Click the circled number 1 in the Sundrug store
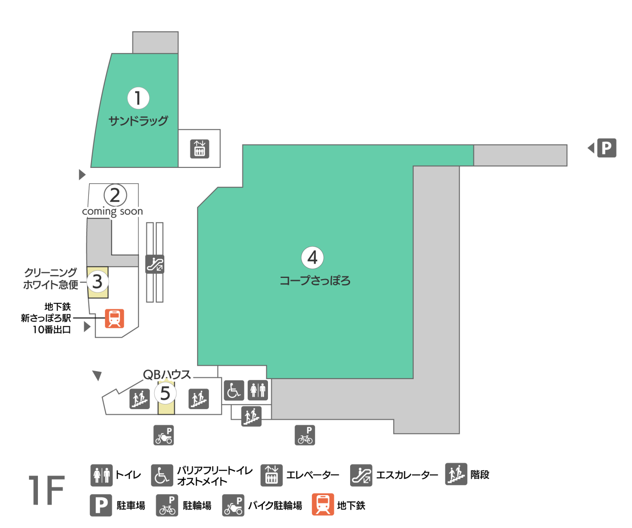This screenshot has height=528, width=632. coord(138,98)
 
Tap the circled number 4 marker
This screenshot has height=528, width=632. coord(312,258)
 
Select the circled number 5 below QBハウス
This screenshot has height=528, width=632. coord(165,393)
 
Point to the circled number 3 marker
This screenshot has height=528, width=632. coord(97,282)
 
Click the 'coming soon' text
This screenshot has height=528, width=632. coord(112,211)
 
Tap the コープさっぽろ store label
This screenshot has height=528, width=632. coord(315,281)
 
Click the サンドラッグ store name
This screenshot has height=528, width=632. coord(138,121)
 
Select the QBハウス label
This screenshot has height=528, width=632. coord(167,374)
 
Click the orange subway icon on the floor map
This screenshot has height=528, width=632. coord(115,318)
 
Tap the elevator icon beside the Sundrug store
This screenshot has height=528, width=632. coord(199,149)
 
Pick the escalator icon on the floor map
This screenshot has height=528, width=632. coord(155,264)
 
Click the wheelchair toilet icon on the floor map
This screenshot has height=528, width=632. coord(234,390)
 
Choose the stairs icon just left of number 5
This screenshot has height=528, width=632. coord(139,399)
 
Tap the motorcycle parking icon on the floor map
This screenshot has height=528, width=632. coord(163,435)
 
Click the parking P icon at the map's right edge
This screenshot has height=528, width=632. coord(607,148)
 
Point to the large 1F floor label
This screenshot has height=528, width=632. coord(47,490)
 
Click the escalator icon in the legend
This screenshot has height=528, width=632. coord(361,475)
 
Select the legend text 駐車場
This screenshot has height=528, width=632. coord(131,506)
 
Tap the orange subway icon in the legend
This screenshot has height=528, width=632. coord(323,504)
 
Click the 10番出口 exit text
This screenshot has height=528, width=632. coord(52,330)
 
